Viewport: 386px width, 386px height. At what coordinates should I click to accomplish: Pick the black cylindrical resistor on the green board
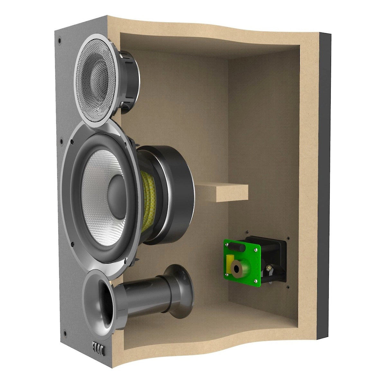coord(236,247)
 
